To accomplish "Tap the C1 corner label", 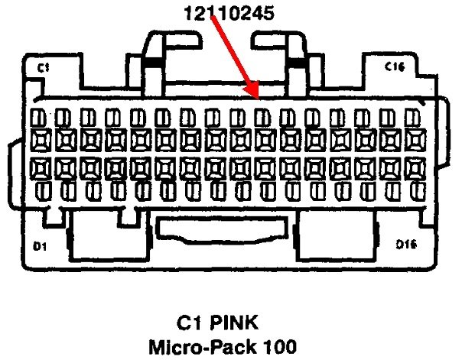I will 44,68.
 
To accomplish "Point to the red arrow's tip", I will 258,97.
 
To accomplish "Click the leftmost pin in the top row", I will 39,117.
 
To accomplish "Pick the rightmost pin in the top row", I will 413,117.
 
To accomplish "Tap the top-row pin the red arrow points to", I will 262,117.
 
